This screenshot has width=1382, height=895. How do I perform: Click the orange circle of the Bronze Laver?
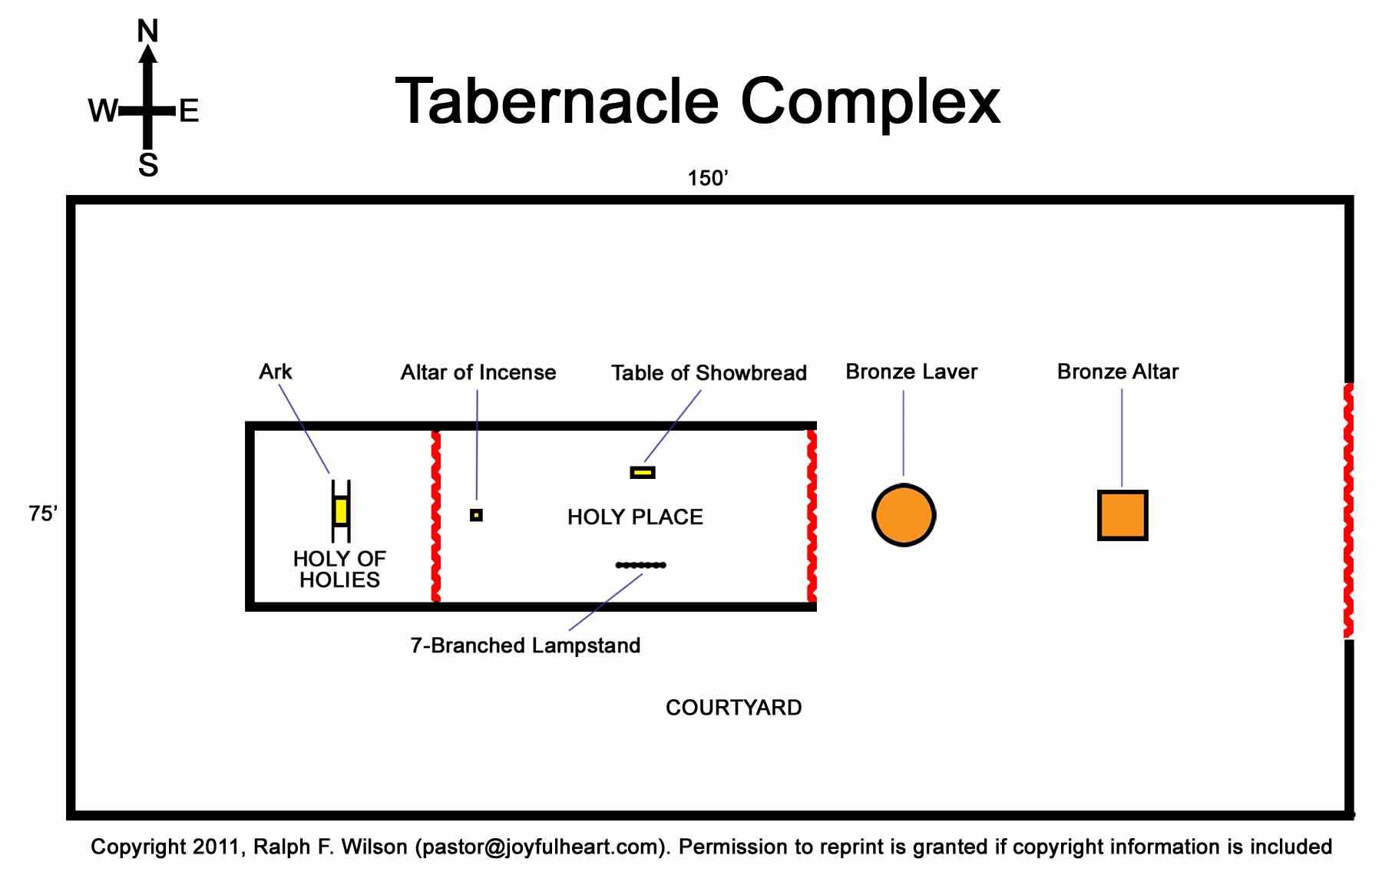[x=904, y=515]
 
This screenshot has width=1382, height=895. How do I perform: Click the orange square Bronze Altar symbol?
[x=1122, y=515]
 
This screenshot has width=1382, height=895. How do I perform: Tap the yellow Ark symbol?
[x=341, y=511]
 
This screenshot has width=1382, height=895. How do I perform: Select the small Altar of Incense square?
[x=476, y=515]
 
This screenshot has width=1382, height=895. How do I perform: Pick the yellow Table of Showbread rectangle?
[x=643, y=472]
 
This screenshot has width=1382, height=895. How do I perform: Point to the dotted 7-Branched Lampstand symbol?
[x=641, y=565]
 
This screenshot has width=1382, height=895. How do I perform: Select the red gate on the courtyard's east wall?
[x=1348, y=510]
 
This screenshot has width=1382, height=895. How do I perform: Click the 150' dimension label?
[x=707, y=178]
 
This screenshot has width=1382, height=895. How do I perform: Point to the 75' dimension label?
[x=43, y=514]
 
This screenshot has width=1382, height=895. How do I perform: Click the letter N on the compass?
[x=147, y=31]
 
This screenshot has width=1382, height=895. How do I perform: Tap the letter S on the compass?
[x=148, y=165]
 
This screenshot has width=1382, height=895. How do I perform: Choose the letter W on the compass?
[x=102, y=111]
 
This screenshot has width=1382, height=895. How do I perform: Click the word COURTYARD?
[x=733, y=707]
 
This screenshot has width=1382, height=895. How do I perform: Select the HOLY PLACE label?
[x=635, y=517]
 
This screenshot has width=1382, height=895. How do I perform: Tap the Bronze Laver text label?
[x=911, y=372]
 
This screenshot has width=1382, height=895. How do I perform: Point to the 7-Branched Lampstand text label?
[x=525, y=645]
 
